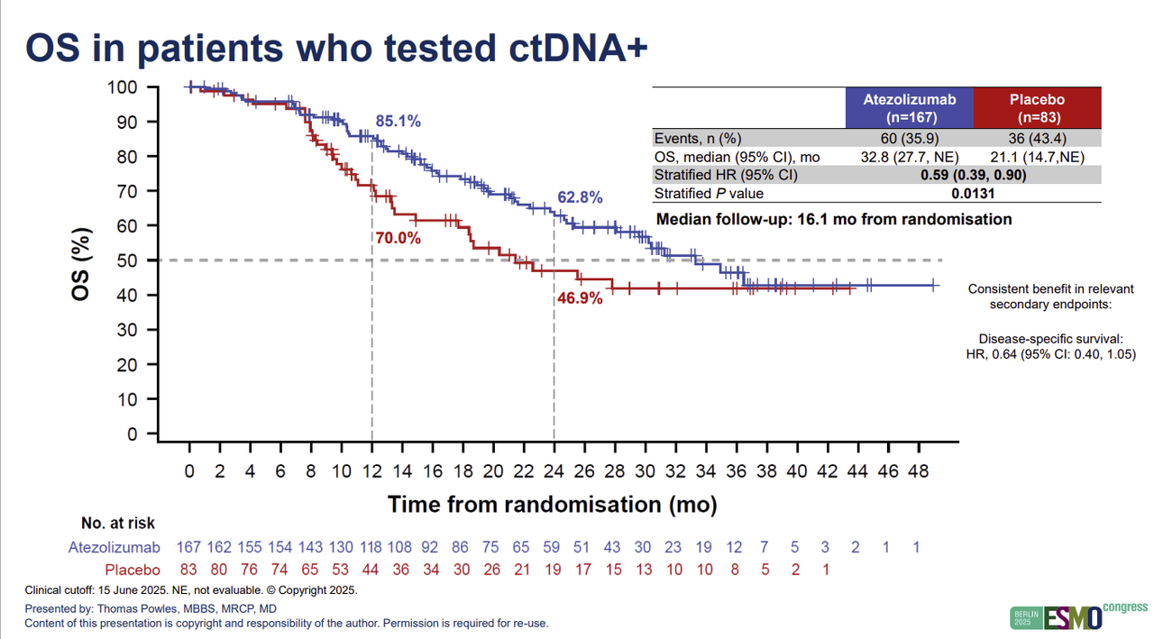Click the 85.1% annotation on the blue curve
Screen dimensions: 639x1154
point(398,122)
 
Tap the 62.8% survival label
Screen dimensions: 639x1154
point(580,197)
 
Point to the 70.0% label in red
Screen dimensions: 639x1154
point(398,238)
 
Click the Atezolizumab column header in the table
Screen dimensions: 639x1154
point(909,108)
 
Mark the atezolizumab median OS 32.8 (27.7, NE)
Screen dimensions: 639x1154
point(909,156)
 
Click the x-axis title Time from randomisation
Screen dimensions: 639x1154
point(552,504)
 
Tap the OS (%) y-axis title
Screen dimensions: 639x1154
point(81,261)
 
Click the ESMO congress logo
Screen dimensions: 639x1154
point(1077,616)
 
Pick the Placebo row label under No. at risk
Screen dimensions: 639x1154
point(133,570)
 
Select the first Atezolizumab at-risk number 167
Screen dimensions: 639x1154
point(188,547)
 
